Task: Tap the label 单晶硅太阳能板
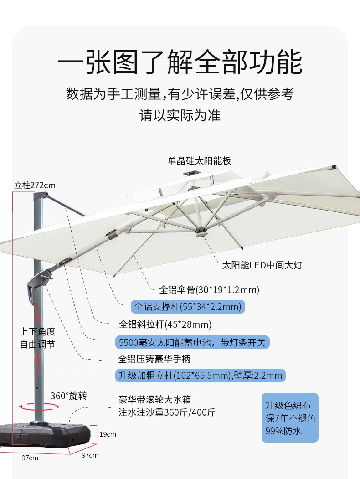point(200,161)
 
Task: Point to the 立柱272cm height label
point(35,185)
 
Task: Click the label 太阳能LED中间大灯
point(262,265)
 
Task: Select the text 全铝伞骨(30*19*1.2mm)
point(209,289)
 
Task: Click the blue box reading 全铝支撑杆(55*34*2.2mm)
point(188,306)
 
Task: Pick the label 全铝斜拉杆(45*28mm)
point(165,324)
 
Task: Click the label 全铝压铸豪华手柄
point(154,359)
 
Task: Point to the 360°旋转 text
point(68,396)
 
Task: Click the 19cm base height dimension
point(108,434)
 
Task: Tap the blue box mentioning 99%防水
point(290,418)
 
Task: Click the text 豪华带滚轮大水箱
point(154,400)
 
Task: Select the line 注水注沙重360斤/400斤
point(167,413)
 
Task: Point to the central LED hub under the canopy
point(201,233)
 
